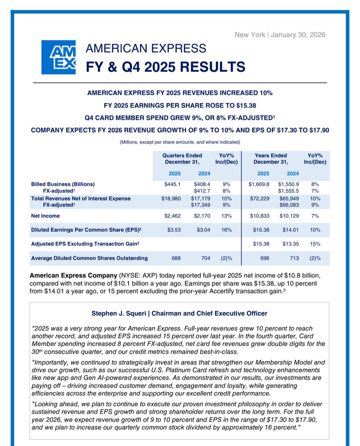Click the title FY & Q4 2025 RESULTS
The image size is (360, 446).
(165, 67)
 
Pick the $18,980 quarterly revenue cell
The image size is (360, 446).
(171, 198)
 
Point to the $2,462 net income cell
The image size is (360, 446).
(172, 216)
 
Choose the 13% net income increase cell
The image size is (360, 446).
(227, 216)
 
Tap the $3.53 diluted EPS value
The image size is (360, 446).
(173, 230)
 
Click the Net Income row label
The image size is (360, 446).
(45, 216)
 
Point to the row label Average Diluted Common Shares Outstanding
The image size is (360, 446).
(89, 258)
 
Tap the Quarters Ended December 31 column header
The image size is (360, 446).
(182, 159)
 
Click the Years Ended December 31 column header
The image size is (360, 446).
(270, 159)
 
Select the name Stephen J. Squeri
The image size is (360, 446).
(116, 313)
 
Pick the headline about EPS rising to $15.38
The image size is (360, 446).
(180, 105)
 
